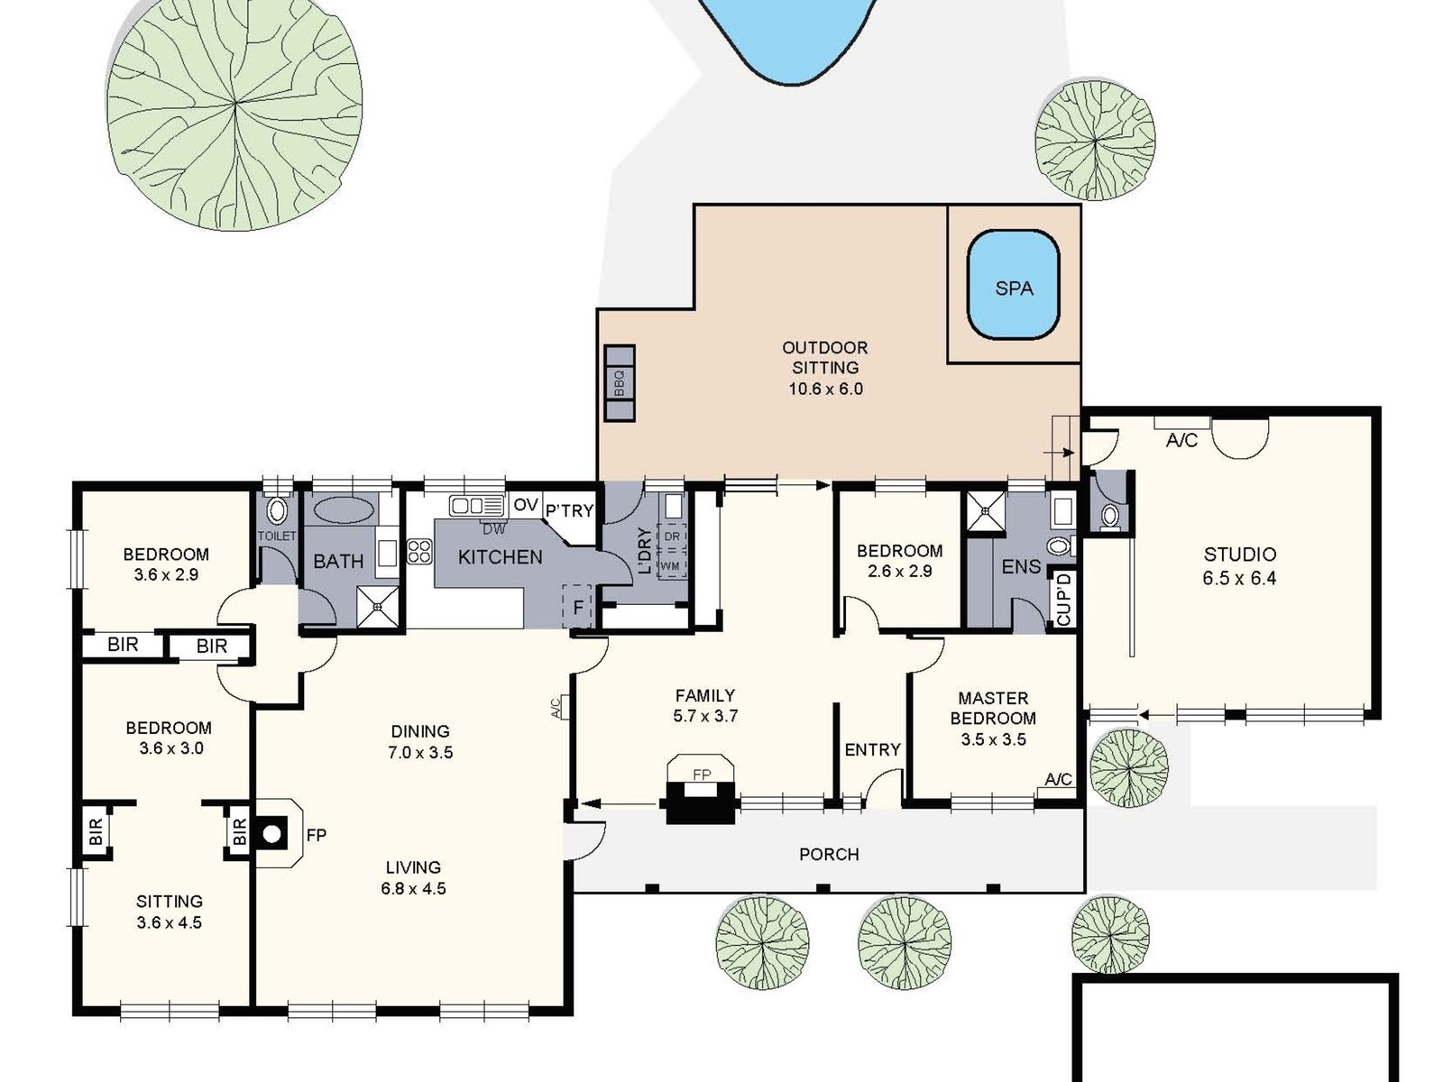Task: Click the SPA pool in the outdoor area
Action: [1013, 286]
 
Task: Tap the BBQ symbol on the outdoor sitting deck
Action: [620, 383]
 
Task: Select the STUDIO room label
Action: [1239, 554]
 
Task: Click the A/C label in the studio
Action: [1181, 440]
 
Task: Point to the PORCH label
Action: [829, 854]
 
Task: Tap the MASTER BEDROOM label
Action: [992, 708]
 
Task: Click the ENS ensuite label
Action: [1021, 567]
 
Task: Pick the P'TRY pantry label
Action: [569, 510]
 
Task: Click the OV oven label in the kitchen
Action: [526, 505]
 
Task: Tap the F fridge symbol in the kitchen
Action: [578, 607]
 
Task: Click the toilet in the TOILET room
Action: [277, 512]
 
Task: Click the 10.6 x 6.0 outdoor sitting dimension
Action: [825, 389]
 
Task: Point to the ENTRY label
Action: [872, 749]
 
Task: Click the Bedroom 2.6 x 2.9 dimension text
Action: [899, 571]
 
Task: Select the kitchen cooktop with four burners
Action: [418, 551]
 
